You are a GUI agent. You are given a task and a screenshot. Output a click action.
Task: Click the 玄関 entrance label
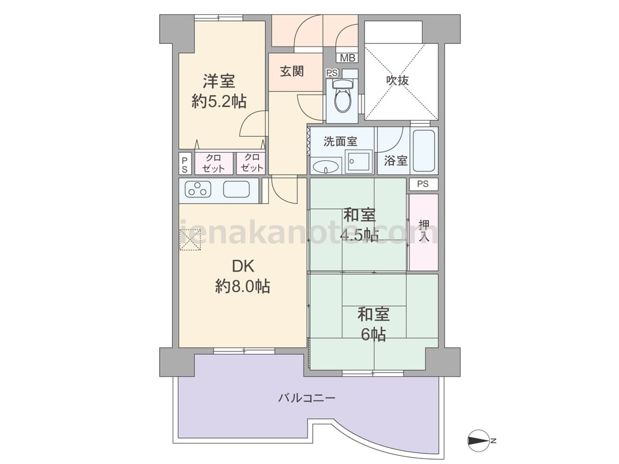(292, 71)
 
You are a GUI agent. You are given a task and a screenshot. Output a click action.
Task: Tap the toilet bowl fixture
(342, 96)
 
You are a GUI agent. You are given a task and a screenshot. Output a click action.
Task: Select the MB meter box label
(347, 58)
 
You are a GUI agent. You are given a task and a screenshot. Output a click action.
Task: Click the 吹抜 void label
(397, 80)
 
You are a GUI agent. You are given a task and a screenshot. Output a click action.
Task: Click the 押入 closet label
(424, 231)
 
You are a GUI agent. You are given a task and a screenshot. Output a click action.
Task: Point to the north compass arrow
(478, 440)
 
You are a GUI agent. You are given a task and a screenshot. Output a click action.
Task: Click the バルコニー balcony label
(307, 398)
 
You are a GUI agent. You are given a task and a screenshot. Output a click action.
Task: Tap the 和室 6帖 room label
(373, 324)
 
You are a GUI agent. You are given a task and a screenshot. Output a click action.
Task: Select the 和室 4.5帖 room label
(359, 225)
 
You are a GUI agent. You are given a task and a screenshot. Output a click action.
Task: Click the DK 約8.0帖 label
(243, 276)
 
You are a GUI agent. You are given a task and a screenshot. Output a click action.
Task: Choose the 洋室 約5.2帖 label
(219, 91)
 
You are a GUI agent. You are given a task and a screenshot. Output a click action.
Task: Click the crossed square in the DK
(190, 239)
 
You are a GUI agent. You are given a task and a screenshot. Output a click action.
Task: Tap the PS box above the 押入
(423, 184)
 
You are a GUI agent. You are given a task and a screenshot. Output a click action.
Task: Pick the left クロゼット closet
(214, 163)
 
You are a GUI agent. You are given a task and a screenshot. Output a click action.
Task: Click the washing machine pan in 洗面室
(358, 161)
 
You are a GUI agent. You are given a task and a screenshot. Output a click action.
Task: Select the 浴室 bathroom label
(396, 161)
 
